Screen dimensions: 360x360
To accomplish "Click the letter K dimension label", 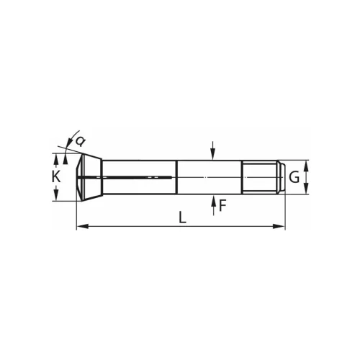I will [x=56, y=176].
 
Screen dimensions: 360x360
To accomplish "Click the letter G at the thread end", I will [x=294, y=176].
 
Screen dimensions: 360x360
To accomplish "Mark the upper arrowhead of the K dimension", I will [x=57, y=157].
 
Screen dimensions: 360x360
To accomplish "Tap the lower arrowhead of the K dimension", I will [x=57, y=197].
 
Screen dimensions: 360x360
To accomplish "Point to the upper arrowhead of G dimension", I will [x=307, y=164].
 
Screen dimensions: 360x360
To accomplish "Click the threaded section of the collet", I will [x=259, y=176].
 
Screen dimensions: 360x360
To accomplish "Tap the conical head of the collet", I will [x=88, y=176].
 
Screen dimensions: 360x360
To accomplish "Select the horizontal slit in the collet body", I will [x=137, y=176].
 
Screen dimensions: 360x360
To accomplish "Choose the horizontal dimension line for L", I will [x=144, y=228].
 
